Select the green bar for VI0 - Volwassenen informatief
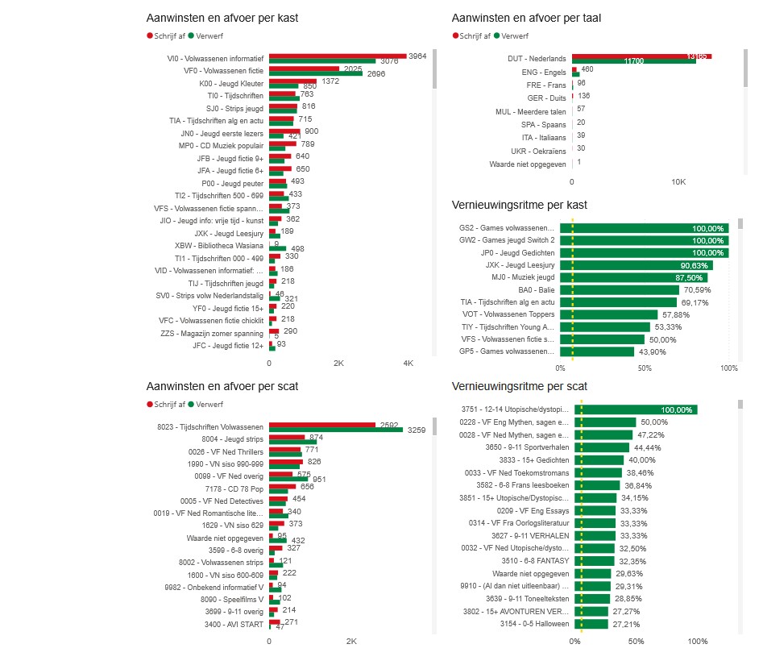pyautogui.click(x=322, y=61)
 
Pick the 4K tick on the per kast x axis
pyautogui.click(x=408, y=364)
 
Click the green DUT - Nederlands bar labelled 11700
pyautogui.click(x=633, y=61)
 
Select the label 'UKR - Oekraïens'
pyautogui.click(x=538, y=151)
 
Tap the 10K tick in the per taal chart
pyautogui.click(x=678, y=182)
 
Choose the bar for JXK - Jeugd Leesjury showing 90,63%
pyautogui.click(x=653, y=265)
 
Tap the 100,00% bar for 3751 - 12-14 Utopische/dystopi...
pyautogui.click(x=635, y=409)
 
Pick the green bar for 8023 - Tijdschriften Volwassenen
pyautogui.click(x=335, y=430)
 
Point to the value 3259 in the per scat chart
pyautogui.click(x=418, y=430)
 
